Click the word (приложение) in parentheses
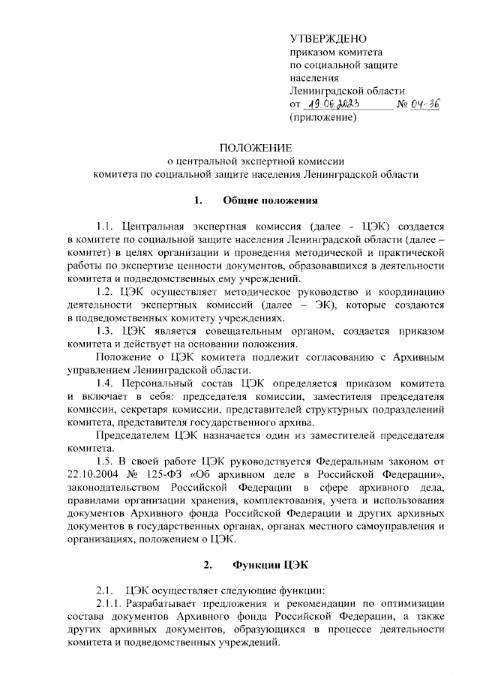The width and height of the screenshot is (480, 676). click(x=323, y=118)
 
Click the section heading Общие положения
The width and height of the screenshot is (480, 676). click(x=271, y=200)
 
